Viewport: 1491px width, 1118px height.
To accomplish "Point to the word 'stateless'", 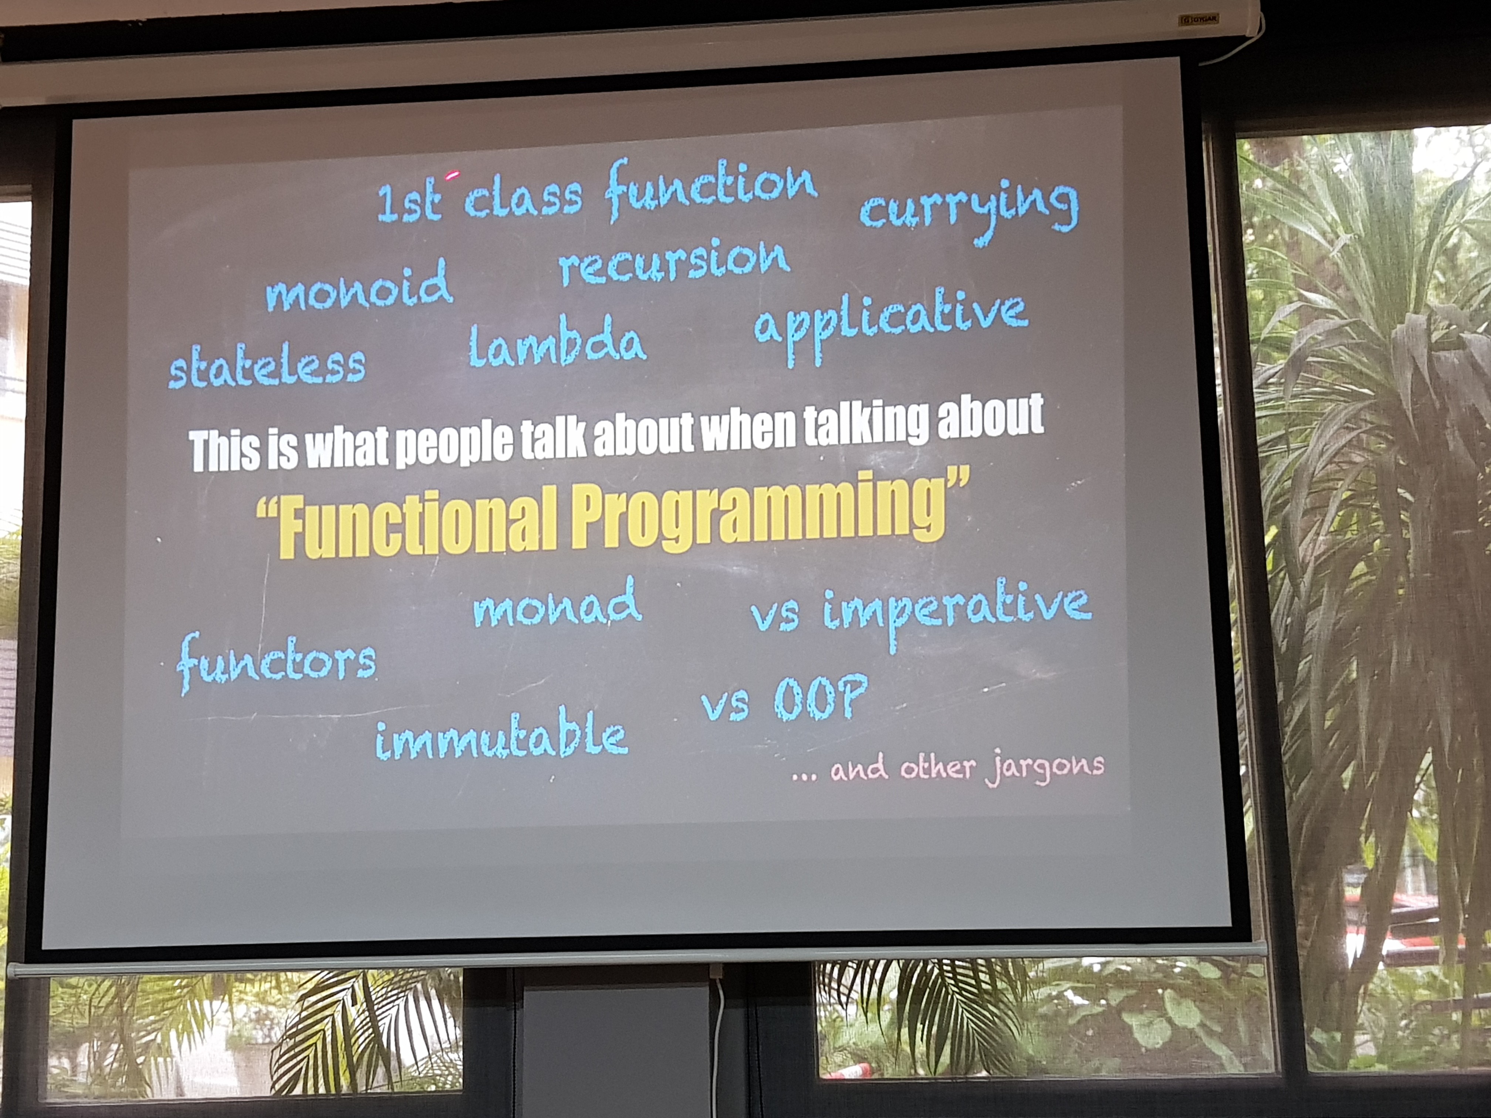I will tap(267, 367).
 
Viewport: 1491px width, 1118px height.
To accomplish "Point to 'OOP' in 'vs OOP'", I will tap(819, 698).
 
